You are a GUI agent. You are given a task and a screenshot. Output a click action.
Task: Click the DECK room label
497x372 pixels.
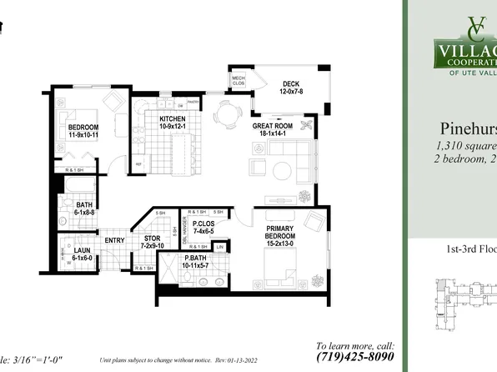click(x=289, y=87)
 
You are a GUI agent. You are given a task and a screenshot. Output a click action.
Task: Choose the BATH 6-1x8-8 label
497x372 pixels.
click(x=84, y=209)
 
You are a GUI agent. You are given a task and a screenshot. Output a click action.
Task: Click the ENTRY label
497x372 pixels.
click(x=114, y=242)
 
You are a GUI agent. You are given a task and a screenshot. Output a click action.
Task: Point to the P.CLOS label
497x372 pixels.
click(x=204, y=227)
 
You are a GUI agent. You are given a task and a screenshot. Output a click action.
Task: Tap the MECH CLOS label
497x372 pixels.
click(x=237, y=79)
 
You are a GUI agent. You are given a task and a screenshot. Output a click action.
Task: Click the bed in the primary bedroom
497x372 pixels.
click(x=279, y=264)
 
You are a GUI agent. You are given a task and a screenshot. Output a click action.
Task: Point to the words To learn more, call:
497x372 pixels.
click(x=354, y=344)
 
